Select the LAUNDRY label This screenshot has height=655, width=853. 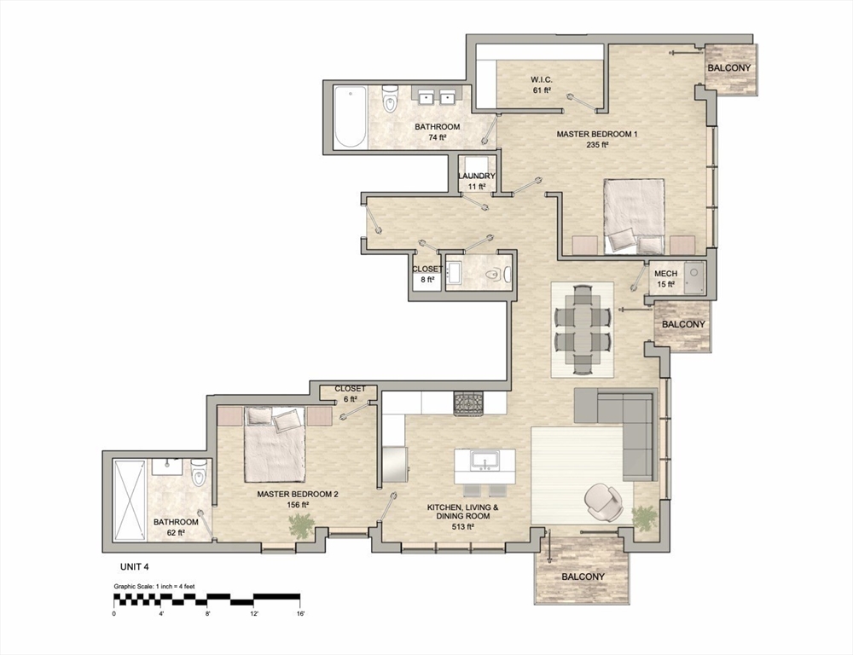click(476, 177)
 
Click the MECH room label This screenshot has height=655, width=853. click(665, 274)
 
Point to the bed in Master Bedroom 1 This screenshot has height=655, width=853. click(634, 215)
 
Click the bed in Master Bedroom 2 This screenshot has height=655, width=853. click(275, 443)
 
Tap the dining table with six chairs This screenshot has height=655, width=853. click(583, 328)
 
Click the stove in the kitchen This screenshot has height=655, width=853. click(467, 403)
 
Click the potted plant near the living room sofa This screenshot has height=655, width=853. click(646, 517)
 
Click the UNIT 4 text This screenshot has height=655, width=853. click(132, 565)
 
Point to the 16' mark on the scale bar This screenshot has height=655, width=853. click(299, 612)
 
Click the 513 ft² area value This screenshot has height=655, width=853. click(462, 527)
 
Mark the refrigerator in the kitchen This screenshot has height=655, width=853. click(394, 465)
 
